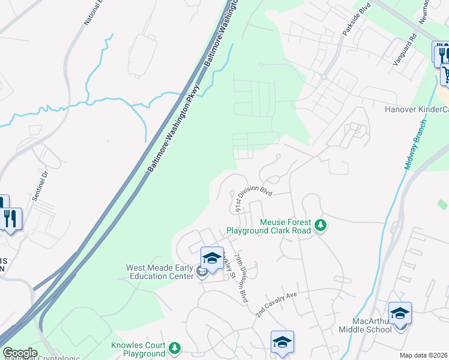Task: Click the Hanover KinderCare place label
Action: tap(417, 110)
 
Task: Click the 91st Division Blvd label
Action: tap(253, 199)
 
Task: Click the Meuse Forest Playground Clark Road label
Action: tap(268, 226)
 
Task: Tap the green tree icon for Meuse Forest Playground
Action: tap(321, 226)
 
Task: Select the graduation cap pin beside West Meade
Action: tap(211, 259)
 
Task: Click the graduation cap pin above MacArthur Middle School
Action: tap(400, 314)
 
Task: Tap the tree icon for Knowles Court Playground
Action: tap(175, 348)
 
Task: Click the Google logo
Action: tap(20, 353)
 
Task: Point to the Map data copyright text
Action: tap(423, 355)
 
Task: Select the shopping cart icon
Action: tap(445, 74)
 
